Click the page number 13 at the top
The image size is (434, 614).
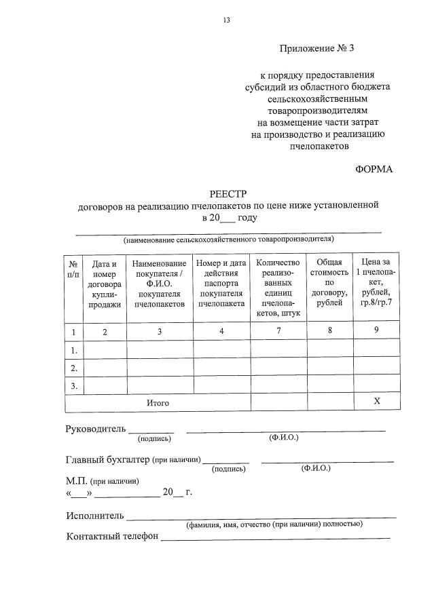click(227, 20)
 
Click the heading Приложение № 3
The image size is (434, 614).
click(317, 48)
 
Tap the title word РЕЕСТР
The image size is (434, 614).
click(228, 193)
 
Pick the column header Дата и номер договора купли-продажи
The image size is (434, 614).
click(104, 284)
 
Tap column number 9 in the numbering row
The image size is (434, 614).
click(378, 330)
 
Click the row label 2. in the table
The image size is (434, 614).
click(73, 367)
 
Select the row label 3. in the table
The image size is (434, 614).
click(73, 385)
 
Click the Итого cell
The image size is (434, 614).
click(158, 403)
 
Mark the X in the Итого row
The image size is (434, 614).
click(378, 402)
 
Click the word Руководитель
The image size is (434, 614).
click(95, 429)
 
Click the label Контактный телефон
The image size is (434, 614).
click(112, 536)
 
